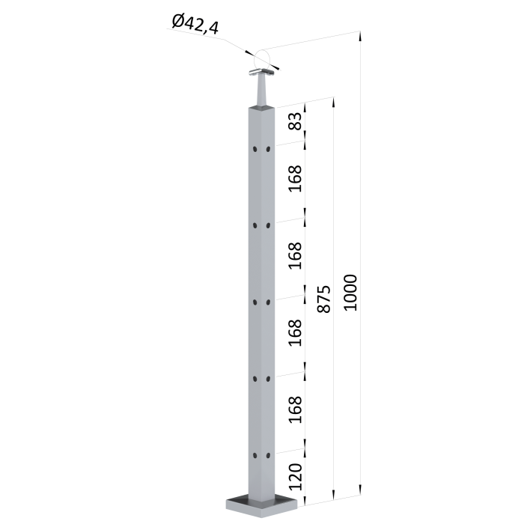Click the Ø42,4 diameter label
(195, 24)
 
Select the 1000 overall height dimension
(350, 293)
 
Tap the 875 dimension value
(323, 299)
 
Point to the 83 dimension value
(295, 121)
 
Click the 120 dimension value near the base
(295, 477)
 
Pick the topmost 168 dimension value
(295, 179)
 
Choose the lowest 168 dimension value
(295, 409)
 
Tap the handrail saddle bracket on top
(262, 72)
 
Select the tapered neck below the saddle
(261, 91)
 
